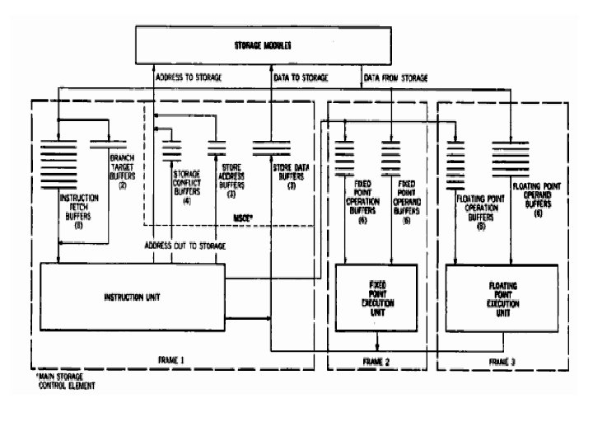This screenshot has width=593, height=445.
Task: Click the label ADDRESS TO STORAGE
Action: pos(192,78)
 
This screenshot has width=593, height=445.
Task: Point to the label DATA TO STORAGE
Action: pos(301,78)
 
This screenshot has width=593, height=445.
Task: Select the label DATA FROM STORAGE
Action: pos(395,78)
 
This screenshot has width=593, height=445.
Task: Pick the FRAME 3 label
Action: pos(502,362)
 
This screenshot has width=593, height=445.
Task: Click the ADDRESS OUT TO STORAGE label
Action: pos(184,246)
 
